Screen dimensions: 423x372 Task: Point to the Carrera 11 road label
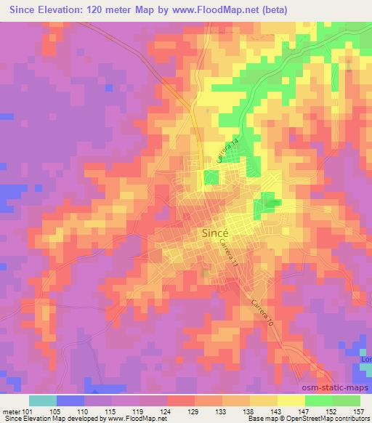(x=227, y=257)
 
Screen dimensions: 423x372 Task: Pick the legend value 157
(x=359, y=411)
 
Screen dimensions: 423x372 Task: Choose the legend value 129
(x=194, y=411)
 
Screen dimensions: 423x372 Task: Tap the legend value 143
(x=276, y=411)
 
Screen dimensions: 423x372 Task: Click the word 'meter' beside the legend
(x=11, y=411)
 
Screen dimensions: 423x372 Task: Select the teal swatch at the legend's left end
(x=43, y=400)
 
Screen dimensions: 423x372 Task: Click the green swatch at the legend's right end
(x=346, y=400)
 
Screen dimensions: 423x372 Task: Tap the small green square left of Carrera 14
(x=211, y=177)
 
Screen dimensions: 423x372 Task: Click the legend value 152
(x=331, y=411)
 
